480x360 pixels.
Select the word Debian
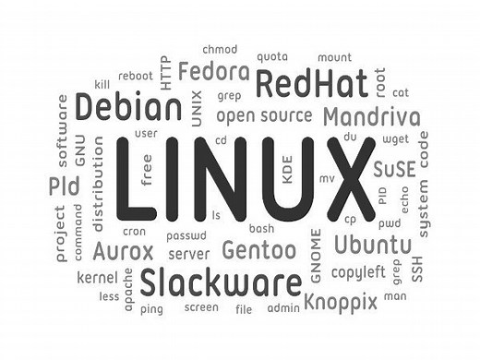pyautogui.click(x=128, y=108)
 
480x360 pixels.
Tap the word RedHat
pyautogui.click(x=306, y=84)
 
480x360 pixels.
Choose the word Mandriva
pyautogui.click(x=372, y=118)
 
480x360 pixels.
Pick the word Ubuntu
pyautogui.click(x=372, y=245)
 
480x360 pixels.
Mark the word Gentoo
pyautogui.click(x=259, y=249)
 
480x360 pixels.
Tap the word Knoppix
pyautogui.click(x=342, y=300)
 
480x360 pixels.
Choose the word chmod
pyautogui.click(x=219, y=48)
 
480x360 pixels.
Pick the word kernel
pyautogui.click(x=98, y=277)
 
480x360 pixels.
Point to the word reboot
pyautogui.click(x=136, y=76)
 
